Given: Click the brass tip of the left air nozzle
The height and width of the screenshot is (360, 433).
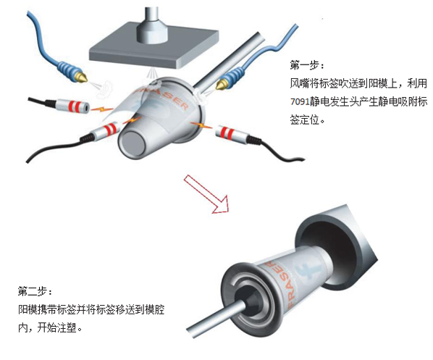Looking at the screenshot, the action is tap(82, 77).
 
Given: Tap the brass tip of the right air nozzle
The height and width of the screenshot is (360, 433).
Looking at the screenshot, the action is tap(221, 85).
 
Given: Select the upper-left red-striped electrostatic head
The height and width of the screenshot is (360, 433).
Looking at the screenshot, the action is tap(72, 106).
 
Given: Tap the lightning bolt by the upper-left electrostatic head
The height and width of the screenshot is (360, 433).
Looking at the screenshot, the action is tap(101, 109).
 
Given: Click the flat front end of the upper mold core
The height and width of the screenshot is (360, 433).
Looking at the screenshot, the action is tap(134, 143).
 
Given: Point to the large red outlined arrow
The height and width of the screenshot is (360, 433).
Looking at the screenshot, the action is tap(206, 194).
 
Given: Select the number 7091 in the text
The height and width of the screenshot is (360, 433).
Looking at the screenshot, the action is tap(300, 102).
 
